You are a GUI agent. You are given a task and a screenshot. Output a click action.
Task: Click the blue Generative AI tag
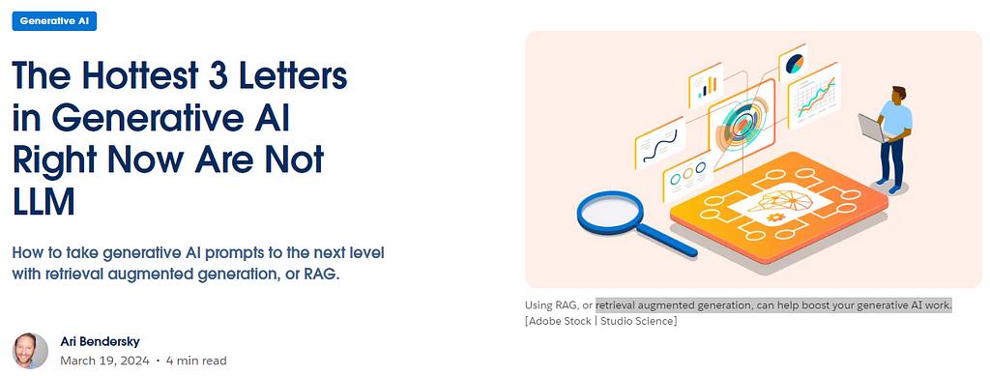54,21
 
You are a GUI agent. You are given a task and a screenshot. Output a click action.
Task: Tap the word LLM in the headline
44,203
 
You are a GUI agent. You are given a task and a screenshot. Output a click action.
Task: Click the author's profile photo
30,351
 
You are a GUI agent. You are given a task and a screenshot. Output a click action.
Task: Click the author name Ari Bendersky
100,342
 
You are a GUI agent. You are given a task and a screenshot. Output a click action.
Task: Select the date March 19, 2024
104,361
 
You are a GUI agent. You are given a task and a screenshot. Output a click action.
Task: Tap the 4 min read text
196,361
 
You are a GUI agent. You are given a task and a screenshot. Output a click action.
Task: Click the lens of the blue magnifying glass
609,212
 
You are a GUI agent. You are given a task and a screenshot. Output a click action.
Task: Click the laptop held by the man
871,128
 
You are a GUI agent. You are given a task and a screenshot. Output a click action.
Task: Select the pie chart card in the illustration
793,63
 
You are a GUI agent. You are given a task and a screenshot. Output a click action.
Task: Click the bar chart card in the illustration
705,85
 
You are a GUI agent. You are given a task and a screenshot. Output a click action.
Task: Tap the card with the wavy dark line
658,142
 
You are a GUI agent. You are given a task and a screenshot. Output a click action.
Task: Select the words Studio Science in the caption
638,321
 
